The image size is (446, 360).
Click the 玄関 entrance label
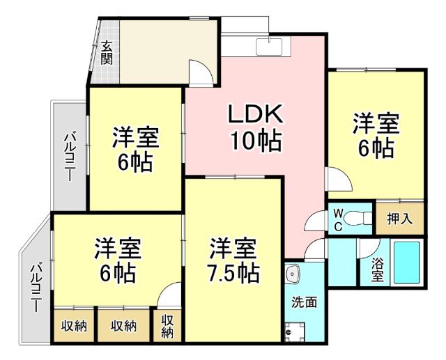click(107, 52)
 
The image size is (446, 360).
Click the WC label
click(337, 218)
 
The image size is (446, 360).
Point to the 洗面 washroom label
click(305, 302)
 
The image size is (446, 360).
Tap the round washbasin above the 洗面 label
click(292, 273)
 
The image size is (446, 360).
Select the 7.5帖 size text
click(234, 273)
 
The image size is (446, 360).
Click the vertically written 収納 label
click(167, 326)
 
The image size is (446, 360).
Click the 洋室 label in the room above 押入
click(375, 123)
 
